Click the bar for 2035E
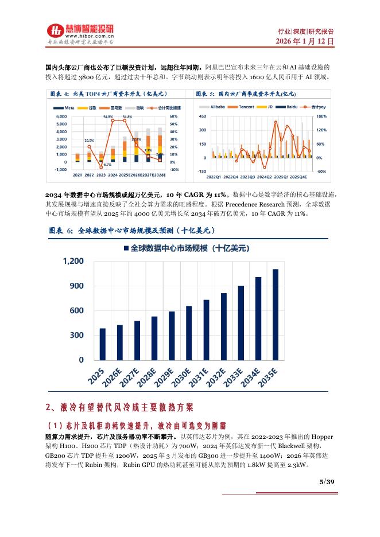(276, 314)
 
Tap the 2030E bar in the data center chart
(189, 333)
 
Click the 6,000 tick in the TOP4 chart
(60, 116)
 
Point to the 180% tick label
(322, 116)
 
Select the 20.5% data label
(89, 140)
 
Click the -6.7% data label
(107, 165)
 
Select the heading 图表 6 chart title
(132, 230)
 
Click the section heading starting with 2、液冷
(120, 407)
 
